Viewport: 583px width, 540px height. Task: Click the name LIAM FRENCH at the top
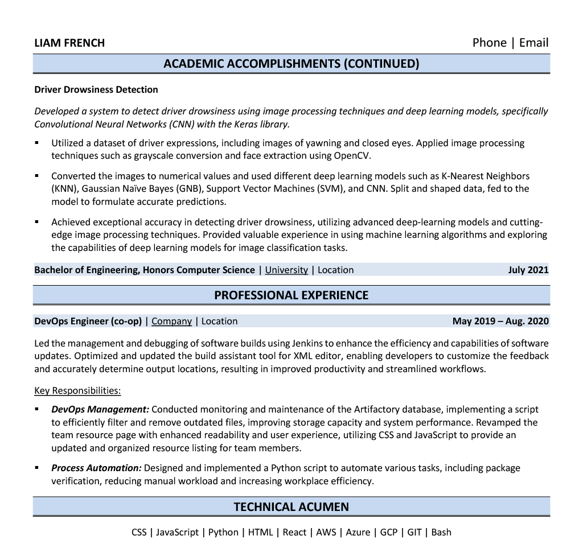tap(69, 43)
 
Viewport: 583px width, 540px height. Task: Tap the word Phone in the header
tap(489, 43)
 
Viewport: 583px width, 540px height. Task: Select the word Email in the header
tap(533, 43)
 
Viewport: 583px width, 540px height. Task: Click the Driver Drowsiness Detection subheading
tap(96, 89)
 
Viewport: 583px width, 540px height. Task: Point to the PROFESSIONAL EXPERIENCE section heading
tap(291, 295)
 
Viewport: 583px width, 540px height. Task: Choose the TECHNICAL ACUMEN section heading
tap(291, 506)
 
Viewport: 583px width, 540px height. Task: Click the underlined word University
tap(286, 270)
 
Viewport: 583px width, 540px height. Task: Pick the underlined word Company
tap(171, 321)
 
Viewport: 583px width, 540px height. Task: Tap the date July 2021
tap(528, 270)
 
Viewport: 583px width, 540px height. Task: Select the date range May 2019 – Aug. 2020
tap(500, 321)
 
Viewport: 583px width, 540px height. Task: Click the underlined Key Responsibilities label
tap(77, 390)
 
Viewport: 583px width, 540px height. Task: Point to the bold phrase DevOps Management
tap(100, 409)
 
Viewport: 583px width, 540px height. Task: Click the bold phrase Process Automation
tap(96, 468)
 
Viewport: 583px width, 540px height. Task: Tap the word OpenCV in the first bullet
tap(353, 155)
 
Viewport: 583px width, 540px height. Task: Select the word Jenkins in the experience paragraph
tap(309, 343)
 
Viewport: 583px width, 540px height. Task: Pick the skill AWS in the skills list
tap(326, 532)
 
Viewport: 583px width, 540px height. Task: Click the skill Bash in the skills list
tap(441, 532)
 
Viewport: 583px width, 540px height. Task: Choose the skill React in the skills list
tap(294, 532)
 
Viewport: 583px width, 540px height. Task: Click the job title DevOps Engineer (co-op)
tap(88, 321)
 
